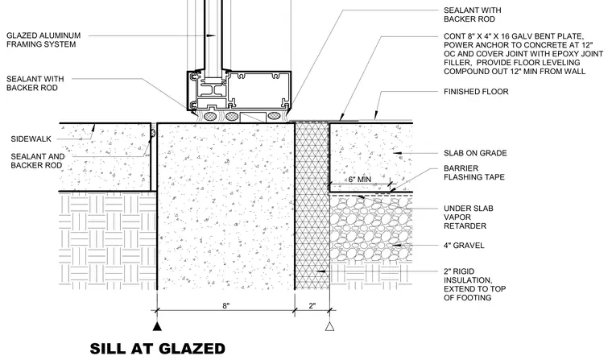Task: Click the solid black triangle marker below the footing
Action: [x=157, y=326]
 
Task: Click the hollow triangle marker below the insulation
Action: [x=330, y=326]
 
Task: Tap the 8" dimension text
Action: [x=226, y=306]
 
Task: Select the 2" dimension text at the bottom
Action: [x=312, y=306]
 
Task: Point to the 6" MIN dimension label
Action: [x=359, y=180]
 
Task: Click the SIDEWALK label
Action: [x=31, y=139]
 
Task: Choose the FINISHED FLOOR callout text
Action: [x=476, y=92]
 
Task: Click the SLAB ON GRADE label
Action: [x=475, y=153]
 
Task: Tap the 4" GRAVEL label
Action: [x=464, y=246]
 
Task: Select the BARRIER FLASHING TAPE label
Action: [x=474, y=172]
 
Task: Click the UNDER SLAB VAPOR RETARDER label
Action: [x=469, y=217]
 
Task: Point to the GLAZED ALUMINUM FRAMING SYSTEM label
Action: [x=43, y=39]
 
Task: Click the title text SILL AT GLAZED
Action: [x=158, y=349]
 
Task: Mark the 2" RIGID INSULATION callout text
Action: [x=474, y=284]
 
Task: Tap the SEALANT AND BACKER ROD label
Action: [x=38, y=161]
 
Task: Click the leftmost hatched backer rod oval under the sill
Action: [x=210, y=116]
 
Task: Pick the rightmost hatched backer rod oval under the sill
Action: [x=274, y=116]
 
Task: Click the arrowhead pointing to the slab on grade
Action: [x=397, y=153]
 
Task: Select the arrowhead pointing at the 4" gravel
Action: [x=397, y=245]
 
